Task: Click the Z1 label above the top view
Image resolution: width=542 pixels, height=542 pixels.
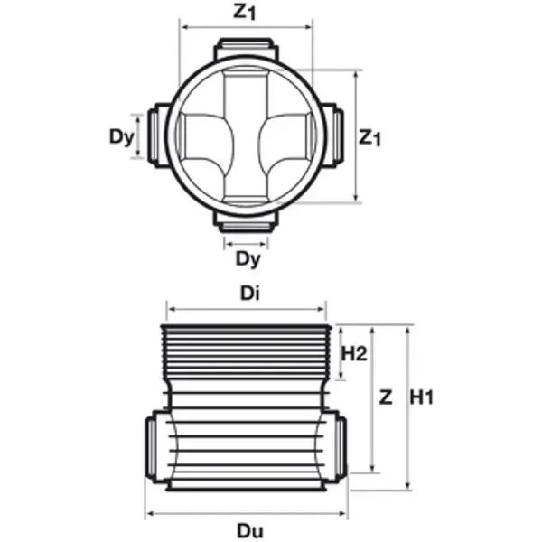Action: [245, 11]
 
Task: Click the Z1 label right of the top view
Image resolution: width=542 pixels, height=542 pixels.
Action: [369, 137]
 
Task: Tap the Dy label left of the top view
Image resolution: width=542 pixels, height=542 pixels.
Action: [121, 137]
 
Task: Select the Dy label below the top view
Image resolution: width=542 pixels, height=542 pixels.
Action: [248, 258]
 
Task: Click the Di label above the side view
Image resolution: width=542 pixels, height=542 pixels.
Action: [250, 294]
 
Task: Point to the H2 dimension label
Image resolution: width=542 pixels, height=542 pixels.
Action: [354, 353]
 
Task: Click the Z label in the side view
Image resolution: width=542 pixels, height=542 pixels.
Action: [386, 397]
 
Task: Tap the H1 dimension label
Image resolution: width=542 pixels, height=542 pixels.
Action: [421, 397]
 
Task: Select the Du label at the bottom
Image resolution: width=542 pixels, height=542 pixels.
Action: [250, 530]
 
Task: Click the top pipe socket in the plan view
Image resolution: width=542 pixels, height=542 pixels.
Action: [246, 49]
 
